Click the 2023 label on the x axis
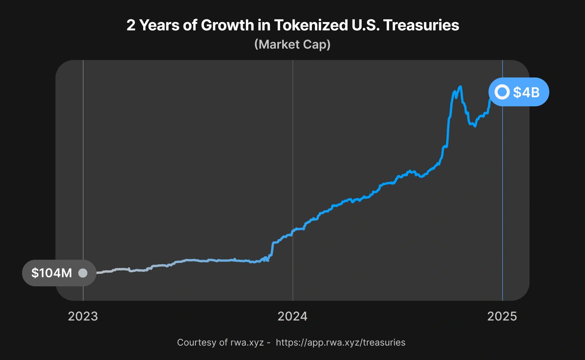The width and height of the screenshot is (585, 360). point(83,316)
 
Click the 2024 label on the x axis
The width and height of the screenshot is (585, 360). point(292,316)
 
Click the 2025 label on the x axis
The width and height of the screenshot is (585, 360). point(502,316)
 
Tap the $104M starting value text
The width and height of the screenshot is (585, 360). point(52,273)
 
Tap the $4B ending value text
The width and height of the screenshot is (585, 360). point(526,92)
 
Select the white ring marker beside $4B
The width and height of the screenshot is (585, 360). point(502,92)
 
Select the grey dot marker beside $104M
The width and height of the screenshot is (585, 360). point(82,273)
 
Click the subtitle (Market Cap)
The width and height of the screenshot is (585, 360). point(292,44)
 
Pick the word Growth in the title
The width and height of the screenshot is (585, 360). point(227,25)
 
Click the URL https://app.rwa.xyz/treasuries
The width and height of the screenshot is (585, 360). point(340,343)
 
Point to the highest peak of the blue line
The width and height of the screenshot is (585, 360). point(460,87)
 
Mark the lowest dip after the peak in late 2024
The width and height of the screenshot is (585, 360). point(475,126)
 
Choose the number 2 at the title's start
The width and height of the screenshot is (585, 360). point(131,25)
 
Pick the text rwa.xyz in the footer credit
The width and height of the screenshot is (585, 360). point(247,343)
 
